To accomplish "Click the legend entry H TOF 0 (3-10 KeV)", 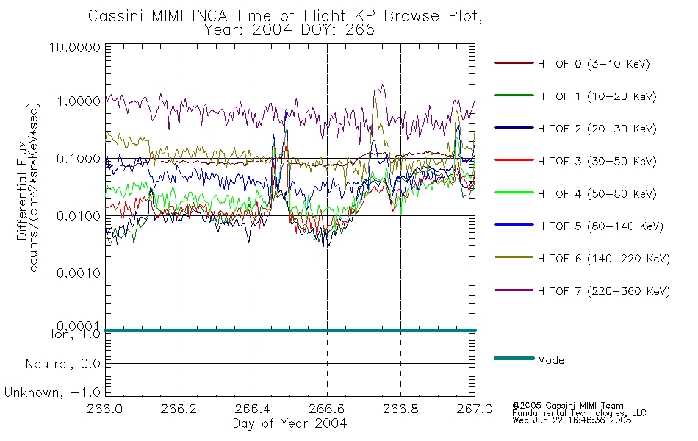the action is [x=594, y=64].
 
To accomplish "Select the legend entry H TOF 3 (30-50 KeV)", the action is [x=597, y=161].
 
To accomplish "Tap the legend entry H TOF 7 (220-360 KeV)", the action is [x=604, y=291].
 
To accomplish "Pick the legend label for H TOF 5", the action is [x=600, y=226].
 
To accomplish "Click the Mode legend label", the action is [x=550, y=360].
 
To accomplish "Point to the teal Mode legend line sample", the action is [x=514, y=358].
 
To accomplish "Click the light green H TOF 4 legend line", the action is [x=514, y=193].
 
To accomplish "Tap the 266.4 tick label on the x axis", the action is [x=253, y=409].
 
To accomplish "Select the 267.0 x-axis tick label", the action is [x=475, y=409].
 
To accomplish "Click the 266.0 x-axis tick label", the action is [x=105, y=409].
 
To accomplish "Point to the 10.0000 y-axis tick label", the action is [x=75, y=48].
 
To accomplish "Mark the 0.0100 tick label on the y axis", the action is [x=79, y=216].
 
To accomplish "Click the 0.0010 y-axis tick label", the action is [x=79, y=273].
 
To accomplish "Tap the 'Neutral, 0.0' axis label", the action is [x=63, y=365].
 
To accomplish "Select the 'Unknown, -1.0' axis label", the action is [x=52, y=393].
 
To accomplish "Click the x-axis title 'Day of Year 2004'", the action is [x=289, y=423].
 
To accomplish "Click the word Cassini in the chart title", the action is [x=116, y=16].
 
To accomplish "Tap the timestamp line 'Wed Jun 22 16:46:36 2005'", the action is [x=572, y=420].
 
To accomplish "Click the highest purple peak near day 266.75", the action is [x=382, y=85].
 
